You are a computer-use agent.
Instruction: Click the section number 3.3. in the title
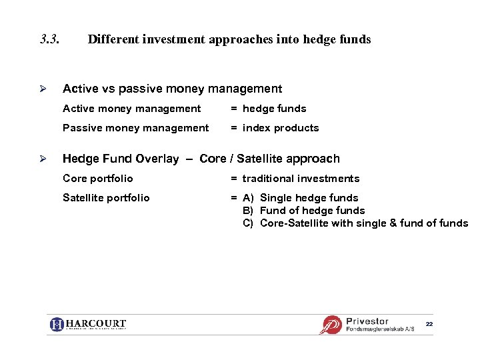coord(50,39)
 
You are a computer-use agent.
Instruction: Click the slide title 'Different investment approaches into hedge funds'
coord(229,39)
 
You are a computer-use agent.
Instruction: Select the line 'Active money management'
coord(131,109)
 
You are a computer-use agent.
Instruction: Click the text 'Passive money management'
coord(135,128)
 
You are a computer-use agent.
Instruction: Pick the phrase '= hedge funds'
coord(269,109)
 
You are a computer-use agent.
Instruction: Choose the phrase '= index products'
coord(275,128)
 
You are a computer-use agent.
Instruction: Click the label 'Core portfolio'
coord(97,179)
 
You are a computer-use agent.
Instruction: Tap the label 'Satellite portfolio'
coord(106,198)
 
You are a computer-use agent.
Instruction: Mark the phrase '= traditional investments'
coord(295,179)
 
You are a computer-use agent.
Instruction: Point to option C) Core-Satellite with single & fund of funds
coord(355,223)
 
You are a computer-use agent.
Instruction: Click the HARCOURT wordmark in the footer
coord(96,324)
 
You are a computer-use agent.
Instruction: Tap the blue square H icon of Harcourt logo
coord(57,325)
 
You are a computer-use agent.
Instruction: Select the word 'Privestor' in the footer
coord(367,321)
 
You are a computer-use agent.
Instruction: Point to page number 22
coord(429,324)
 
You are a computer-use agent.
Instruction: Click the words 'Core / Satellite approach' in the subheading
coord(269,159)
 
